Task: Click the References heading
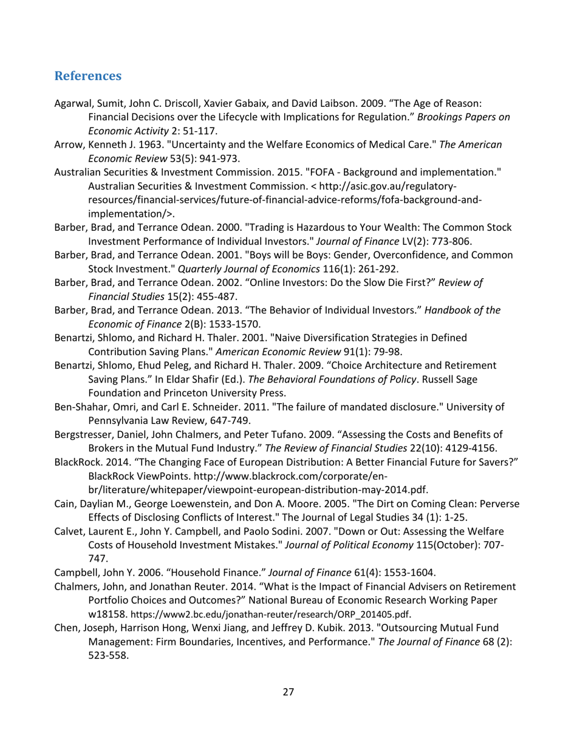click(x=87, y=77)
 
